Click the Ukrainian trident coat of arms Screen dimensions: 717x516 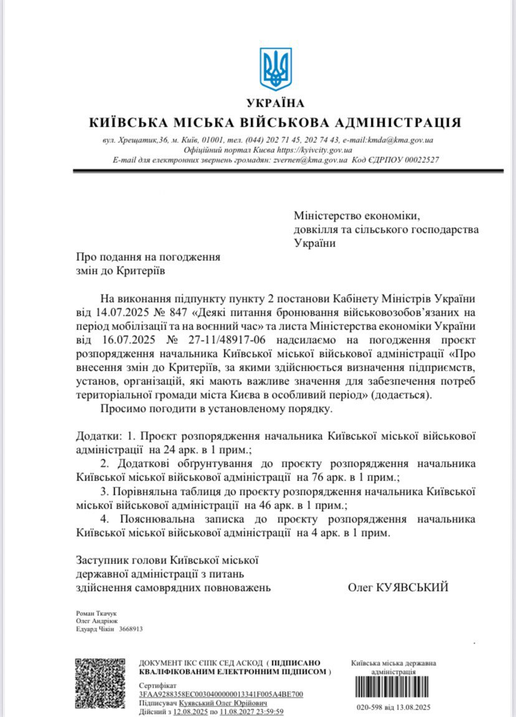pyautogui.click(x=275, y=69)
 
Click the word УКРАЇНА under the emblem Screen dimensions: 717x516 pyautogui.click(x=275, y=103)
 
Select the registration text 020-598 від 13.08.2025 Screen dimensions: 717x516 pyautogui.click(x=393, y=707)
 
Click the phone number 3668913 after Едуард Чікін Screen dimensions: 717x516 pyautogui.click(x=131, y=629)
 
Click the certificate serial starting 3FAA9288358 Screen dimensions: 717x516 pyautogui.click(x=221, y=693)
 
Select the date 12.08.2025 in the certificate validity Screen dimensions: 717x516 pyautogui.click(x=189, y=711)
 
